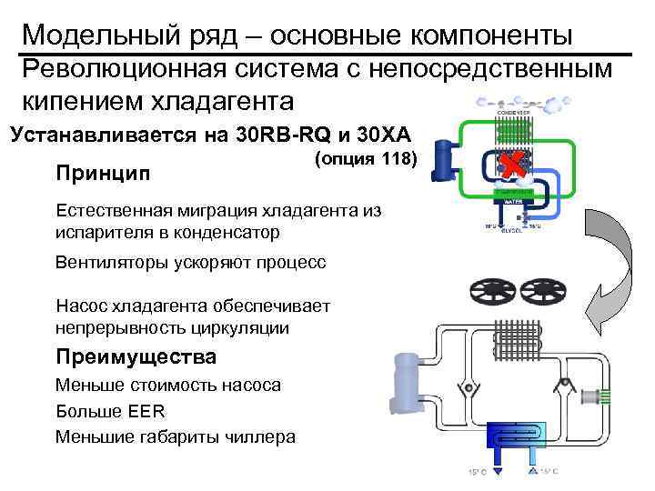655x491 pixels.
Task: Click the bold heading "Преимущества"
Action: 136,356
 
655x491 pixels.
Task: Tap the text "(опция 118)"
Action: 365,159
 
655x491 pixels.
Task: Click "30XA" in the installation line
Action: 382,137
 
